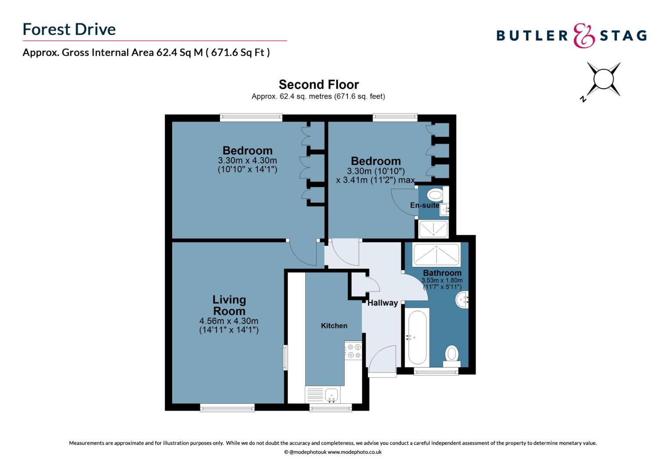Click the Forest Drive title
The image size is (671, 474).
pos(69,29)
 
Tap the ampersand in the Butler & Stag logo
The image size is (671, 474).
pos(584,36)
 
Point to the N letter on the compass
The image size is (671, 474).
pos(583,99)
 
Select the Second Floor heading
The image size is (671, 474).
pos(319,85)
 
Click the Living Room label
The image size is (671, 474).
pos(229,305)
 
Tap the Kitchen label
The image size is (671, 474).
pos(334,326)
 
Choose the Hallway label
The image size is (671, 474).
pos(382,303)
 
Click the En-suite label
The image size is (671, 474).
pos(425,205)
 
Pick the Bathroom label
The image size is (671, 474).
pos(442,273)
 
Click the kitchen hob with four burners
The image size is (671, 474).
pos(353,351)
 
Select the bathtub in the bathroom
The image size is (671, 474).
pos(417,338)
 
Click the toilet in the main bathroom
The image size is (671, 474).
pos(451,356)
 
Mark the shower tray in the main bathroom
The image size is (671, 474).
pos(436,255)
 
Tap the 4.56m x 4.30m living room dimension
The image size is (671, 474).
pos(229,321)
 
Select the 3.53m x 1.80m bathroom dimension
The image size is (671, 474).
pos(442,280)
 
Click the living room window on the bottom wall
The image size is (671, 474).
pos(227,408)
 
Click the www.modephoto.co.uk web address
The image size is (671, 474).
pos(354,452)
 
